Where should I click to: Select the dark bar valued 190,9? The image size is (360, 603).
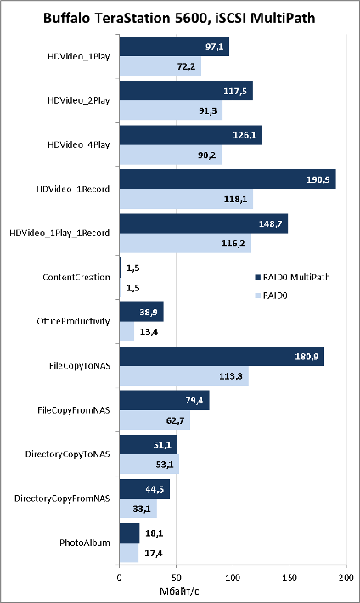(x=228, y=179)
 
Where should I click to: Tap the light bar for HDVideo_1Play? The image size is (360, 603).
(x=160, y=66)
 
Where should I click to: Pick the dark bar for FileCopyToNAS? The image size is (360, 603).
(x=222, y=356)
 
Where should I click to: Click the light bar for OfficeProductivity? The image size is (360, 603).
(x=127, y=331)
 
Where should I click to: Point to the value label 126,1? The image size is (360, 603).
(x=245, y=135)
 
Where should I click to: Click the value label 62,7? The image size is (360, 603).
(x=175, y=420)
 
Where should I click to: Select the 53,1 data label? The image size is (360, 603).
(x=165, y=465)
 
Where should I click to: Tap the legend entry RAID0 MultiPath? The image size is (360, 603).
(x=292, y=277)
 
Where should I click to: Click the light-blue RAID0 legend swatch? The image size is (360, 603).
(x=258, y=296)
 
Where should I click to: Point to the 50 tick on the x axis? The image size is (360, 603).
(x=176, y=578)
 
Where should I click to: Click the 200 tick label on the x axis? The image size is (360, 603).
(x=346, y=578)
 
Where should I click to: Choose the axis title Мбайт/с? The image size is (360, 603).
(x=179, y=591)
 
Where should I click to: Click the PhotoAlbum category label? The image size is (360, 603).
(x=85, y=543)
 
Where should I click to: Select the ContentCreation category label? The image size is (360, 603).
(x=76, y=277)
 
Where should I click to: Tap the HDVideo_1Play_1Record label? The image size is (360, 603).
(x=59, y=233)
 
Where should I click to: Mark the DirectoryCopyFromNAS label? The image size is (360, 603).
(x=62, y=499)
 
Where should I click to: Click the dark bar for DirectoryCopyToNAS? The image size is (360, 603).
(x=149, y=444)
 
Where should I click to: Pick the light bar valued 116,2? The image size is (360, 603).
(x=185, y=243)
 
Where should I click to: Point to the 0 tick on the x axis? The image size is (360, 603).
(x=119, y=578)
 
